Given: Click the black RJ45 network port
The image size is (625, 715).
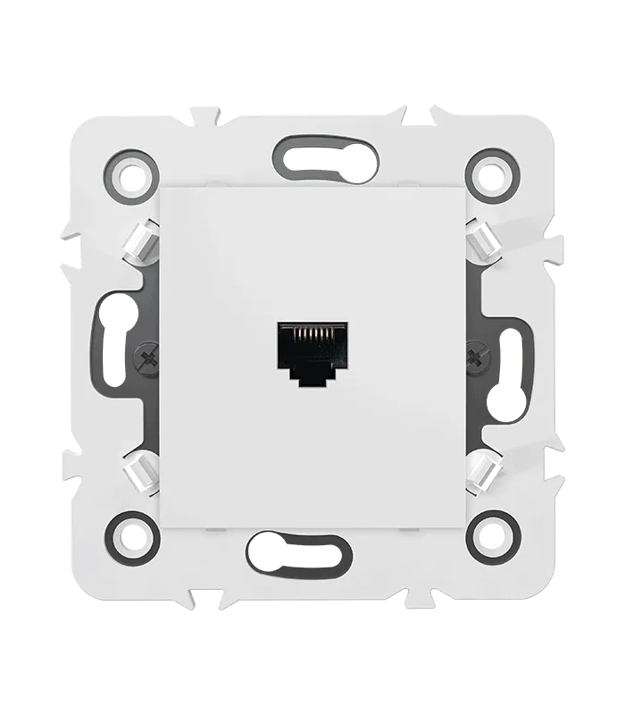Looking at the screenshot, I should (x=312, y=352).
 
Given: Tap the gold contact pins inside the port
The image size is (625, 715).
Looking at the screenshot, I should (x=312, y=337).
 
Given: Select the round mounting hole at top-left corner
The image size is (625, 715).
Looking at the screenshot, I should (x=132, y=173).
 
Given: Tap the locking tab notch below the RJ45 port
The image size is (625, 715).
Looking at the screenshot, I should (x=312, y=379).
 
